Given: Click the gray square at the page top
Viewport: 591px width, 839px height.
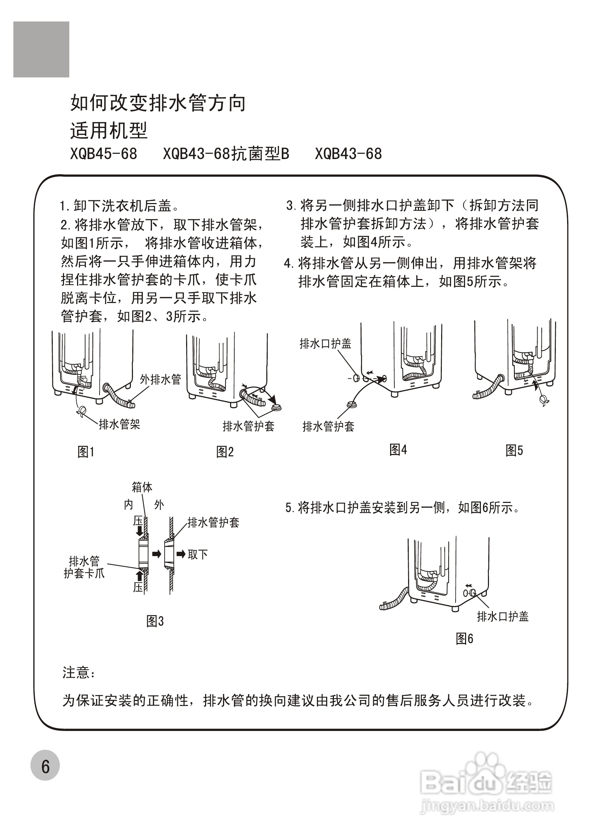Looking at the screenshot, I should point(41,49).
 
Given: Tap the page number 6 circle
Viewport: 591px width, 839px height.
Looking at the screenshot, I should point(45,765).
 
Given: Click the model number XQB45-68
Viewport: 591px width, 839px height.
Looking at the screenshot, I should point(104,154).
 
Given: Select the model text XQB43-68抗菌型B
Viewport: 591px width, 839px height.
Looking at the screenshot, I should point(226,154).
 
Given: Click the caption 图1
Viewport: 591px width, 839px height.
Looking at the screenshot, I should point(86,452).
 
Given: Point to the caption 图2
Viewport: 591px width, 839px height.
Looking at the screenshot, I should point(225,452).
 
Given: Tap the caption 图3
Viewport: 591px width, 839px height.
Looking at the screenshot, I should point(155,621).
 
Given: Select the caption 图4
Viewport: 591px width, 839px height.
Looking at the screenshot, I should point(398,450).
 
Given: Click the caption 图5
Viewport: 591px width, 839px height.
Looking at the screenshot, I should point(514,450).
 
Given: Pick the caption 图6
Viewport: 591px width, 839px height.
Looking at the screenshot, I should point(464,639).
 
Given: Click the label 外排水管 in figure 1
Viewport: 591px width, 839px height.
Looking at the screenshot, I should point(161,379).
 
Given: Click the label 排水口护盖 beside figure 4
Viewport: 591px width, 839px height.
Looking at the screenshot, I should point(325,343).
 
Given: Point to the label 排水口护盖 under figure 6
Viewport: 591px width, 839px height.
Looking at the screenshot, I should point(503,617).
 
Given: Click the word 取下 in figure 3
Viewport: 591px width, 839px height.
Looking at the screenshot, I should point(198,554).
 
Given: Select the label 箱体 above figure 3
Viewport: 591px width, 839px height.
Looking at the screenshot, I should point(142,487).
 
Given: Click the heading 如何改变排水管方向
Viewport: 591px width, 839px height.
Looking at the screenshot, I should point(158,103).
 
